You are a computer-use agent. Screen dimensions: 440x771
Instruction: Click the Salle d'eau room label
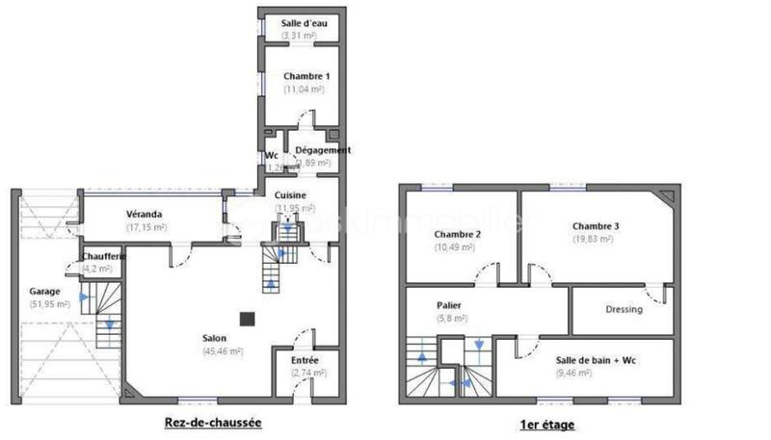304,22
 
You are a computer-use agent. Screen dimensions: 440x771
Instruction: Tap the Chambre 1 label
306,75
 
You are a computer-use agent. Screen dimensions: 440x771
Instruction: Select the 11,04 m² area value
304,89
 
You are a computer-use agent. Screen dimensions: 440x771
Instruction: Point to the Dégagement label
322,150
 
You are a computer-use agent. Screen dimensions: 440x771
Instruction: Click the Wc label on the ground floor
272,155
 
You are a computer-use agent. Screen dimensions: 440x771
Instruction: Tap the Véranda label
144,214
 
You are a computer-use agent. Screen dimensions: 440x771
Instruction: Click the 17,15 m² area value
146,227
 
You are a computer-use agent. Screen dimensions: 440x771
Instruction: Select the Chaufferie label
101,256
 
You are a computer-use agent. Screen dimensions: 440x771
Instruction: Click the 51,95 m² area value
50,304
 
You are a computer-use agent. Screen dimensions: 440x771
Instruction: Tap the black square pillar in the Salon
248,317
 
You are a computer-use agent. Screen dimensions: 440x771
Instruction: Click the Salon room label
215,338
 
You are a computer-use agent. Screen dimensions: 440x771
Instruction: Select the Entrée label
305,360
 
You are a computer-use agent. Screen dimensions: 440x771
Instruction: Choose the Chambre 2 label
457,234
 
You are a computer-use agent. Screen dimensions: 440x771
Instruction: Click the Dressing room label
624,309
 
